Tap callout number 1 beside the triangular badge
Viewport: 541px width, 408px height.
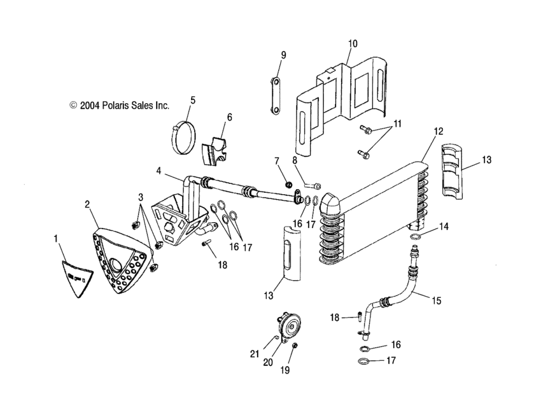click(x=56, y=237)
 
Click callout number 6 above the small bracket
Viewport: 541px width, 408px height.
click(x=229, y=117)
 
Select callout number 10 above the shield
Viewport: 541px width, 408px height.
click(x=352, y=44)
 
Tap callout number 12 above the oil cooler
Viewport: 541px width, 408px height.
click(x=438, y=131)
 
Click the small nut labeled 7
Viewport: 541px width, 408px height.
click(x=288, y=185)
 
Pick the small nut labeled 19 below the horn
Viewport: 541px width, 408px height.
click(x=295, y=346)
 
